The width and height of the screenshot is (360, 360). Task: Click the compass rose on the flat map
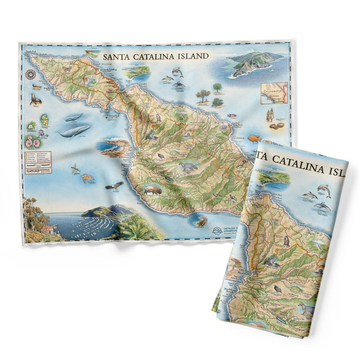coord(31,74)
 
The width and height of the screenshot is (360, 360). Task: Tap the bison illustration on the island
coord(152,190)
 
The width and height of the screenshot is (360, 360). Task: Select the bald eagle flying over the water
coord(114,186)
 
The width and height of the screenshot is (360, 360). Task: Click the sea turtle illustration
coord(87,178)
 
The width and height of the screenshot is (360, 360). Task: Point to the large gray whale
coord(75,132)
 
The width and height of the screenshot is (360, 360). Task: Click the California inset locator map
coord(274,93)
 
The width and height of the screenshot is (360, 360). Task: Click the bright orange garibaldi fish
coord(254,138)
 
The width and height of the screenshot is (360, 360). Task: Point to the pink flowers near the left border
coord(32,143)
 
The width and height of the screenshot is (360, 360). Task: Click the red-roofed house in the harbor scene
coord(48,229)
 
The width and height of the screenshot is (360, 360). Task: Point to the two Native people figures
coord(269,114)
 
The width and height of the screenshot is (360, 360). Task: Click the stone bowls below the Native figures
coord(277,126)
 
